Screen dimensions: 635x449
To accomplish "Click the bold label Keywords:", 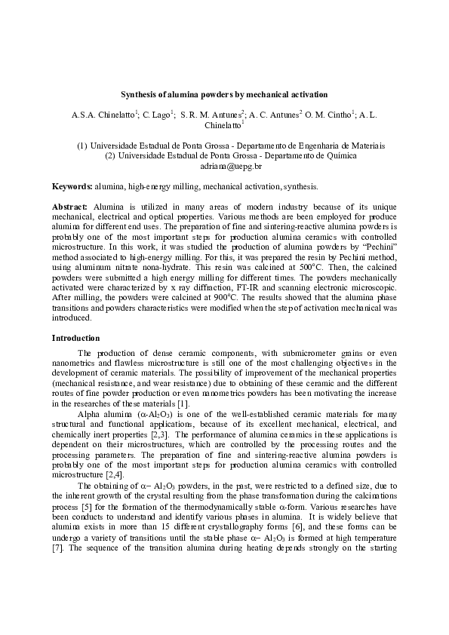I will [x=72, y=186].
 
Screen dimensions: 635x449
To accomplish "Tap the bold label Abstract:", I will [x=70, y=205].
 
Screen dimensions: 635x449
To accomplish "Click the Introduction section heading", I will [x=80, y=337].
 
